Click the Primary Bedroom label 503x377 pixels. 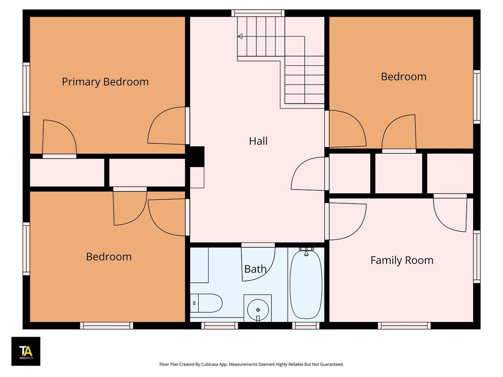point(105,82)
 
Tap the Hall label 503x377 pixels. point(258,141)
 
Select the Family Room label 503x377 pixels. point(402,261)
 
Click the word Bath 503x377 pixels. point(255,269)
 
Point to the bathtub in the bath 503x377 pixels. point(306,284)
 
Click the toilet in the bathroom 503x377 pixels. point(206,303)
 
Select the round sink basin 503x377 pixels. point(258,310)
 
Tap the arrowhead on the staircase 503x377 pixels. point(240,36)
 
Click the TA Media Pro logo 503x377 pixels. point(26,351)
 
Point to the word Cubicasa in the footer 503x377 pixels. point(210,364)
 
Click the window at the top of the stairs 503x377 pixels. point(258,13)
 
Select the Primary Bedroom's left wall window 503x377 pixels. point(26,89)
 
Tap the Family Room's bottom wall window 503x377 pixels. point(404,326)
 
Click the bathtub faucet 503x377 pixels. point(306,251)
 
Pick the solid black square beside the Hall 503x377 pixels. point(195,157)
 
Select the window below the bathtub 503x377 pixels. point(306,326)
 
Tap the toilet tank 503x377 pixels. point(194,303)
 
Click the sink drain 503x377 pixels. point(258,310)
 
